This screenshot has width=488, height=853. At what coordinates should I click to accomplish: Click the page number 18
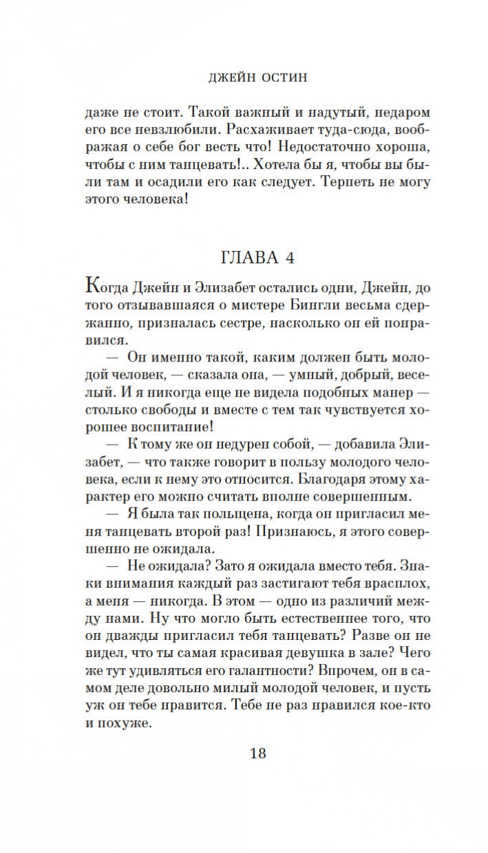point(257,753)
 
